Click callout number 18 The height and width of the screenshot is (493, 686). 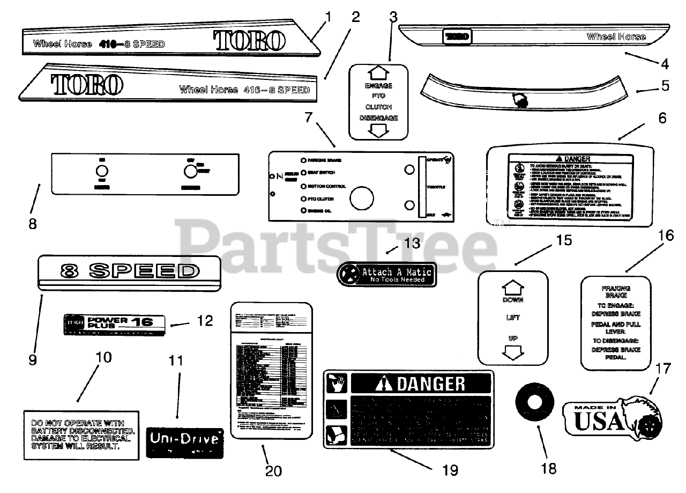pos(548,468)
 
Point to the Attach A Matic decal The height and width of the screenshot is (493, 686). pos(386,275)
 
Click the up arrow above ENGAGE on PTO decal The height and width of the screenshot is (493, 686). pos(379,72)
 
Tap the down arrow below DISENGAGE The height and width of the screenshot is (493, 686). pos(379,130)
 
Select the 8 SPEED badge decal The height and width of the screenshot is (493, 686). pos(129,274)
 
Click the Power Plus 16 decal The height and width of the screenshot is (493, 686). pos(114,325)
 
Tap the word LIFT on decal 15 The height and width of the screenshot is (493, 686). pos(513,318)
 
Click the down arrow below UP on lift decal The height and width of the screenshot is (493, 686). pos(513,352)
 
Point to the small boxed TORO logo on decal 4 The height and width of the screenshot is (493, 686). pos(456,37)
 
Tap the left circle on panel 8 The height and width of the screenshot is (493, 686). pos(102,172)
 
